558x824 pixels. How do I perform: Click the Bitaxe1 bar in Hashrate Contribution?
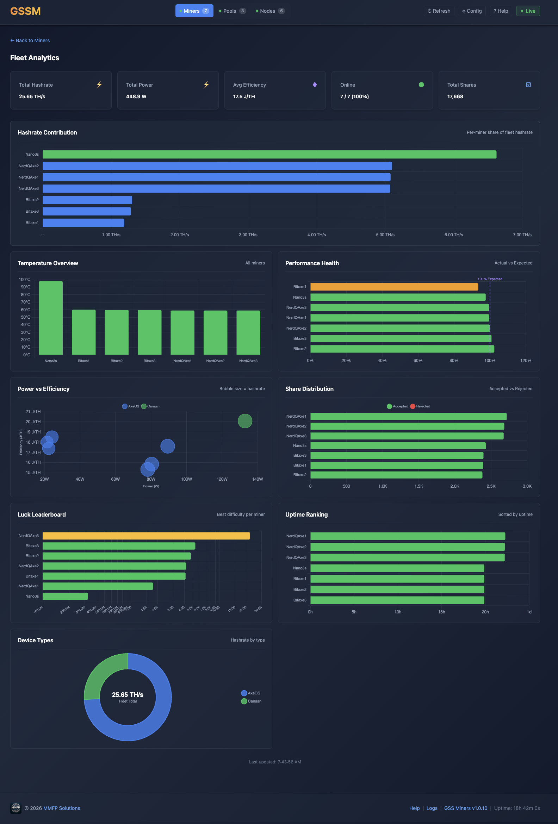coord(83,223)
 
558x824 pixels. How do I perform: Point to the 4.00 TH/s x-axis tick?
coord(316,235)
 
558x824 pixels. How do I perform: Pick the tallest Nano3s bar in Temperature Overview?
coord(51,318)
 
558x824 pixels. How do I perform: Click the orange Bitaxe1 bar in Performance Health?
coord(394,287)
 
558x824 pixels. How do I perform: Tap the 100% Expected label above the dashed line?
coord(490,279)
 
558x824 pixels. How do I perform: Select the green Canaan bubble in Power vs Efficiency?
coord(245,421)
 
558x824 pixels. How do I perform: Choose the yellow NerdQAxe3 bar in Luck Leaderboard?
coord(146,536)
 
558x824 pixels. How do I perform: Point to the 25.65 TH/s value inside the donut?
coord(128,694)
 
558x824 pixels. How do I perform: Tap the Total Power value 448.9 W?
coord(136,96)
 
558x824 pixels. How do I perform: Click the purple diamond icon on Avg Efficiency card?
coord(315,85)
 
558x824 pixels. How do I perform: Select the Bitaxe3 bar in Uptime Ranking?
coord(397,600)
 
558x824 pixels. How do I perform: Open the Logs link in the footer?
coord(432,808)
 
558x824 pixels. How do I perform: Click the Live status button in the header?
coord(528,11)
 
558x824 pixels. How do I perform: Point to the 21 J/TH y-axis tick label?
coord(33,412)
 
